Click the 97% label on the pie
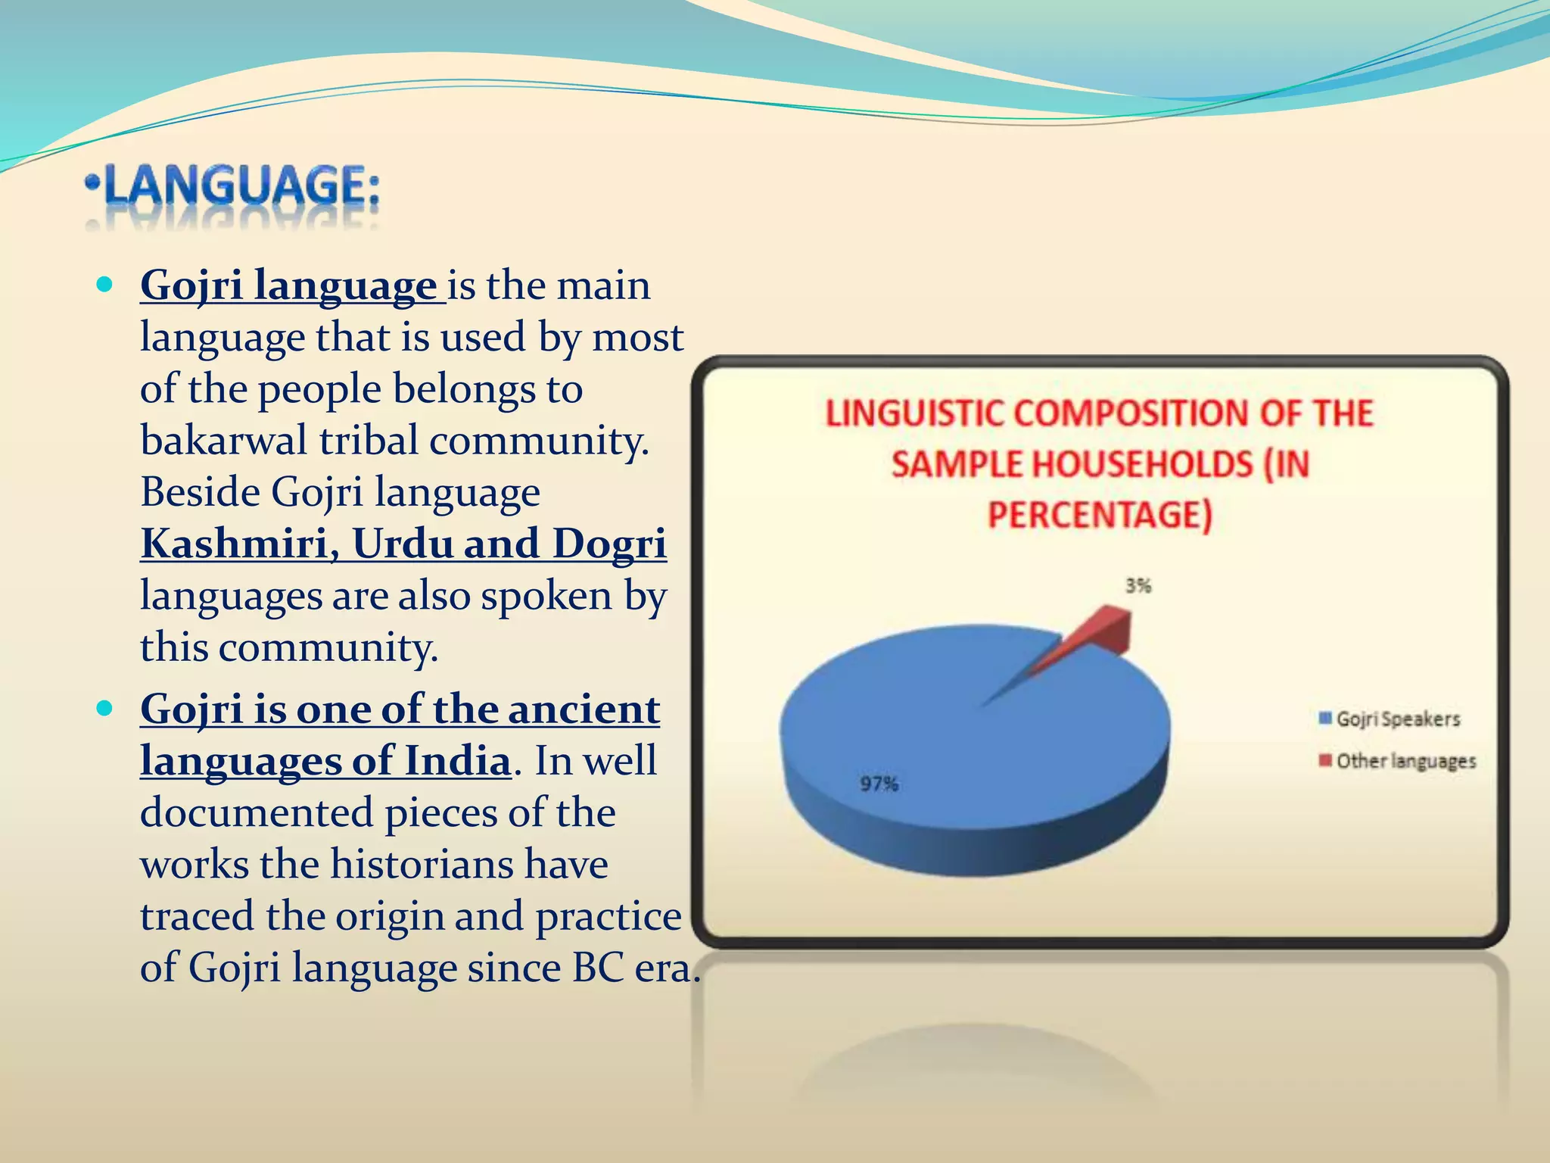coord(879,784)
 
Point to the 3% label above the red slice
coord(1138,585)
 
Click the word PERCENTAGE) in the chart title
coord(1100,515)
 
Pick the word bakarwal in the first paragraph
coord(224,441)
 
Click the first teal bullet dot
coord(105,285)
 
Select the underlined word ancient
coord(584,709)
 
